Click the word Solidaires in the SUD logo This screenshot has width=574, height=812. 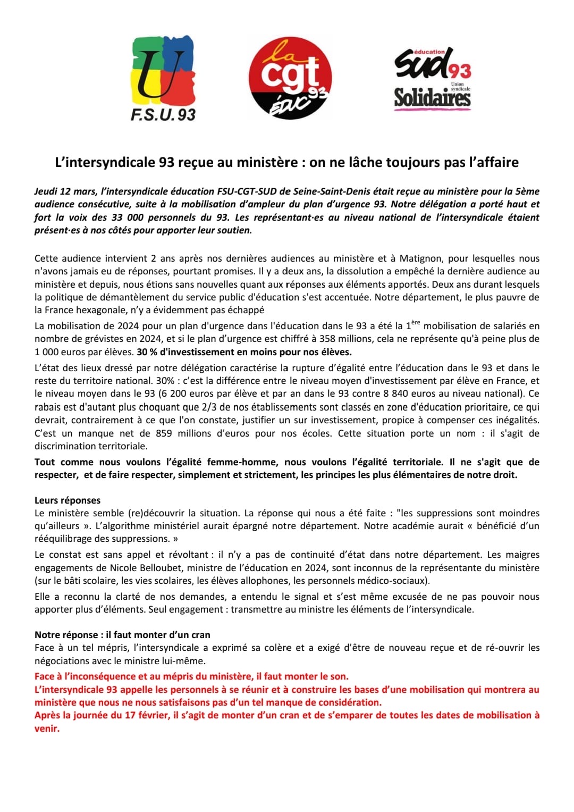(432, 98)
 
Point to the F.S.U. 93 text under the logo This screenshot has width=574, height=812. (163, 115)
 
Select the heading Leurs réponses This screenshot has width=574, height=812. (67, 500)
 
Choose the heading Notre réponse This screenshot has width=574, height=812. (66, 635)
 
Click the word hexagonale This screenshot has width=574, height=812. (102, 310)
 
